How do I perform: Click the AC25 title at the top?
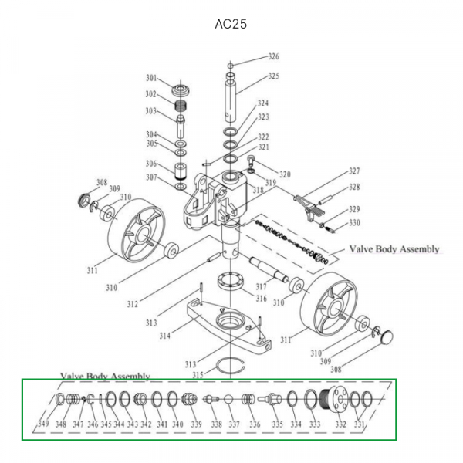[x=231, y=24]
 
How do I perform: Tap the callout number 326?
[x=273, y=57]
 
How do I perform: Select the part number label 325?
[x=273, y=76]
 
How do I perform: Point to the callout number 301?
[x=151, y=78]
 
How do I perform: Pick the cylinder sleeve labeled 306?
[x=181, y=170]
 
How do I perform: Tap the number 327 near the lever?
[x=354, y=171]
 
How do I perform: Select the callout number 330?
[x=354, y=224]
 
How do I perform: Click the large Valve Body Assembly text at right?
[x=394, y=249]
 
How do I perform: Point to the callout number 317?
[x=260, y=287]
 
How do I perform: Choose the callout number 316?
[x=261, y=299]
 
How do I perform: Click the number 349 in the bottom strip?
[x=44, y=425]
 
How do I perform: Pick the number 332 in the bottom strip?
[x=340, y=425]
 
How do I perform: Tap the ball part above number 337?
[x=230, y=400]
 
